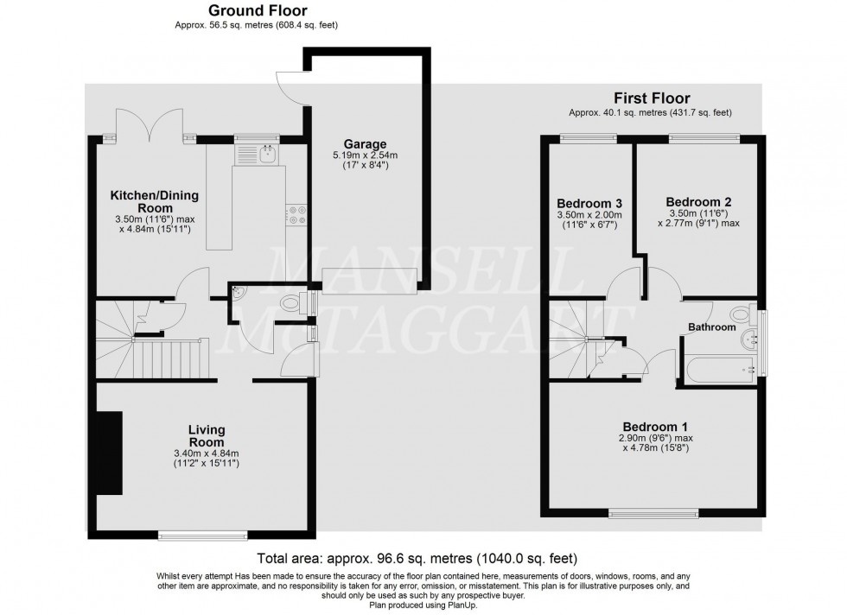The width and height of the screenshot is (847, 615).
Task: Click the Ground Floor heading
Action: point(255,10)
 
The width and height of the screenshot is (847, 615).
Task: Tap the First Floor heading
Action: point(652,98)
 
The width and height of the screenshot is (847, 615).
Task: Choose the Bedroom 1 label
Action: point(656,427)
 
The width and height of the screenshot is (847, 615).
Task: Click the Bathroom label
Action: point(711,327)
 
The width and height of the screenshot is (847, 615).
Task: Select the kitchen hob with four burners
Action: point(297,214)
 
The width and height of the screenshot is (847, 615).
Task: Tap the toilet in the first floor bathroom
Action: point(741,314)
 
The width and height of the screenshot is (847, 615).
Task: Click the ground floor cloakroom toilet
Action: point(294,303)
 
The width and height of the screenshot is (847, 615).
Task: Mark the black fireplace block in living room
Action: point(110,453)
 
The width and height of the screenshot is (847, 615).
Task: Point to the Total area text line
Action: point(417,559)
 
